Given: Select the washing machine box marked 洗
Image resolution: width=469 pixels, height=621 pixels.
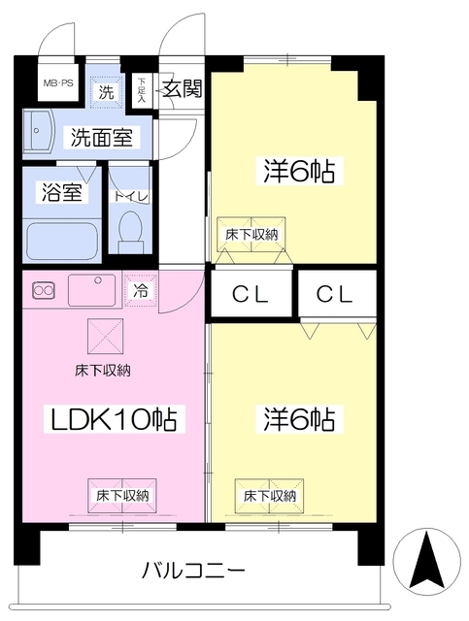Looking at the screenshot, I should pos(106,94).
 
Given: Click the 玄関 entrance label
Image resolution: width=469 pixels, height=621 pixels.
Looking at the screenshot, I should pos(181,91).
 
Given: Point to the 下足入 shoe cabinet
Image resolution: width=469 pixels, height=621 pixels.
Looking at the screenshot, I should pos(142,91).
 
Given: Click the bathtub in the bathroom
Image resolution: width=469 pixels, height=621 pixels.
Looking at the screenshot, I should pos(61,239).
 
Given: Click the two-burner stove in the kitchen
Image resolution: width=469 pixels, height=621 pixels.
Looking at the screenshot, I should pos(44,289).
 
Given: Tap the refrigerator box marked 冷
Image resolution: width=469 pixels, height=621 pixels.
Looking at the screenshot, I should pos(141,289).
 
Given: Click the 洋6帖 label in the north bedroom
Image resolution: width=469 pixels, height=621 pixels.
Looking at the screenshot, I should pos(298,172).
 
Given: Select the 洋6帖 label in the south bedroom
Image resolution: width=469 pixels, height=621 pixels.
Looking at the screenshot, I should pos(298,419).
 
